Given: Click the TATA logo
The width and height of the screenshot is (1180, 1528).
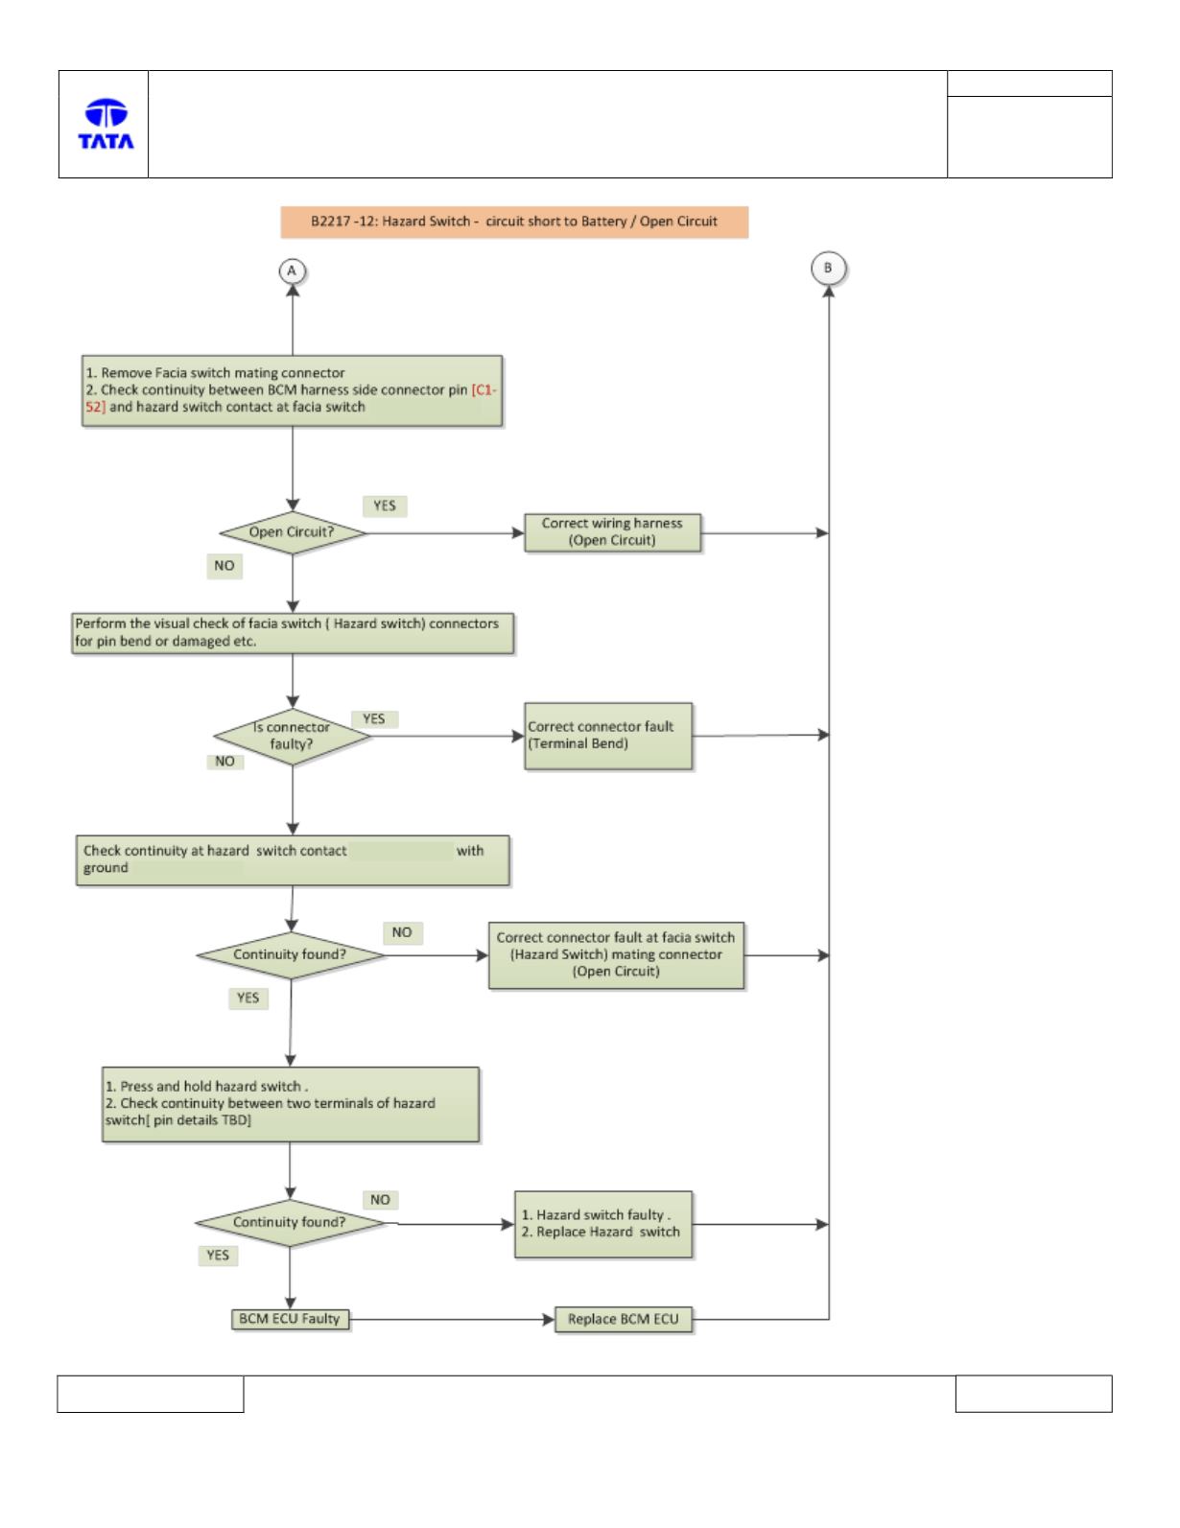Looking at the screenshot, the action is coord(106,124).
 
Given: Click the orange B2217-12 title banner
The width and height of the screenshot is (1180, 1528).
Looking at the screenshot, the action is coord(514,223).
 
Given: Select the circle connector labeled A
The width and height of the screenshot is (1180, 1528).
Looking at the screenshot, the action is coord(292,270).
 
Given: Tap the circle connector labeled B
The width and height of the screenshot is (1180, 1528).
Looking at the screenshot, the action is coord(828,269).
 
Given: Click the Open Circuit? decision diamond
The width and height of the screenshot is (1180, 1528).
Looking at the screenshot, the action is coord(293,532).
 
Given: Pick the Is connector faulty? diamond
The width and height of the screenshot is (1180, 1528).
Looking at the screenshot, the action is coord(292,736).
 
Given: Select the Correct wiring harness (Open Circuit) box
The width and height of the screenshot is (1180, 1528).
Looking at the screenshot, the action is coord(612,532).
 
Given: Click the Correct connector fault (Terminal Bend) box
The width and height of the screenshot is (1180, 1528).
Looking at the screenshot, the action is coord(608,736).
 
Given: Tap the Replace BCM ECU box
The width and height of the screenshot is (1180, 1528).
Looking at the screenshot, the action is coord(623,1319).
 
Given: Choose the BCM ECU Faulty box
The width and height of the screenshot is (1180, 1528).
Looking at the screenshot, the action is coord(290,1319).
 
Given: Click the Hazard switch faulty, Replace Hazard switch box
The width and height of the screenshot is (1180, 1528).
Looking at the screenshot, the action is coord(603,1224).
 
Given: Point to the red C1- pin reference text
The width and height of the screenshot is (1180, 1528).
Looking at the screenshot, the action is coord(484,389).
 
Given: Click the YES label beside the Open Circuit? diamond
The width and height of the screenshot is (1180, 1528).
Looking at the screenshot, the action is coord(385,505).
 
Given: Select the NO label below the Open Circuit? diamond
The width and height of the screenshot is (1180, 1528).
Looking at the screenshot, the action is coord(224,565).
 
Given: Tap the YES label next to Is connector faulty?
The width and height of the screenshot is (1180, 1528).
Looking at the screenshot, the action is coord(374,718).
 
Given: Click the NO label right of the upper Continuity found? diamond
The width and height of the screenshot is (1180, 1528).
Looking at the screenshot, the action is coord(402,932).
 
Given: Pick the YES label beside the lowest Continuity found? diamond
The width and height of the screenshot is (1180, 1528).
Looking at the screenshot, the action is coord(218,1256).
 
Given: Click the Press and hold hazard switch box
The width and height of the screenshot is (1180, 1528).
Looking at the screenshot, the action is coord(291,1104).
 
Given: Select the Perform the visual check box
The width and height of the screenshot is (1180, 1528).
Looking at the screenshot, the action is coord(293,633).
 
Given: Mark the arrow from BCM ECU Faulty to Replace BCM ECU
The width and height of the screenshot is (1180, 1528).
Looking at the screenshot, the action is coord(452,1319).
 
